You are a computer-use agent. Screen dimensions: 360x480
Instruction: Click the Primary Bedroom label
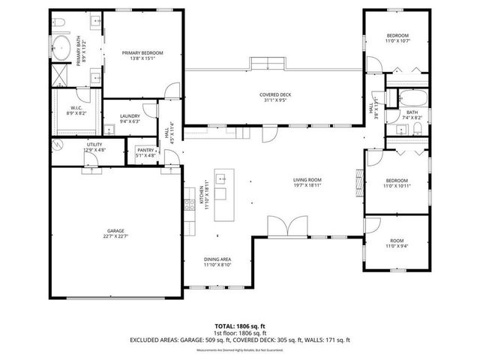pos(142,52)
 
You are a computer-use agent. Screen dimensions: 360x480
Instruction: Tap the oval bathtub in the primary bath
pos(63,51)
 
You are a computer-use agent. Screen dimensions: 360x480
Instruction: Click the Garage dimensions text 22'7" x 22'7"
pos(115,237)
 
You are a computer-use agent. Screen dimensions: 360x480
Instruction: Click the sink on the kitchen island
pos(223,179)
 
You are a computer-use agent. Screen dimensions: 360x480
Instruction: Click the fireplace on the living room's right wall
pos(358,181)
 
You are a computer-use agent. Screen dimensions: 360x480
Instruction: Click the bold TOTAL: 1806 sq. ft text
pos(240,326)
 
